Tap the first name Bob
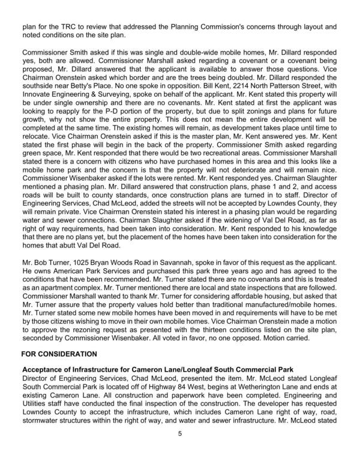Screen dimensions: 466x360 point(41,280)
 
